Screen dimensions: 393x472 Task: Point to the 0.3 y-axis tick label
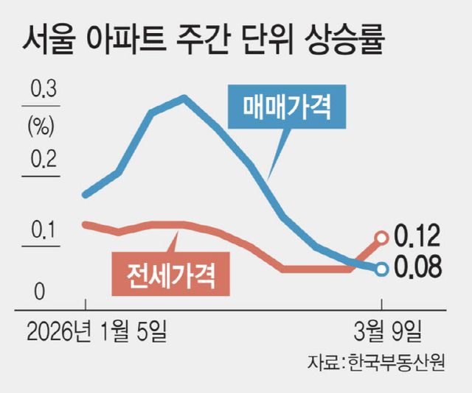[x=43, y=92]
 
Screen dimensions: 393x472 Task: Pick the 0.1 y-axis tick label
[x=43, y=233]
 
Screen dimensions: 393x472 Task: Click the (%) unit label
[x=42, y=127]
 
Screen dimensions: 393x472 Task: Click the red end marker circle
[x=381, y=237]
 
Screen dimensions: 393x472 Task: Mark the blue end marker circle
[x=381, y=269]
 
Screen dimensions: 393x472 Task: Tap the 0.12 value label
[x=417, y=236]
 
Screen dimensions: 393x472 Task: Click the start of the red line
[x=86, y=224]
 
